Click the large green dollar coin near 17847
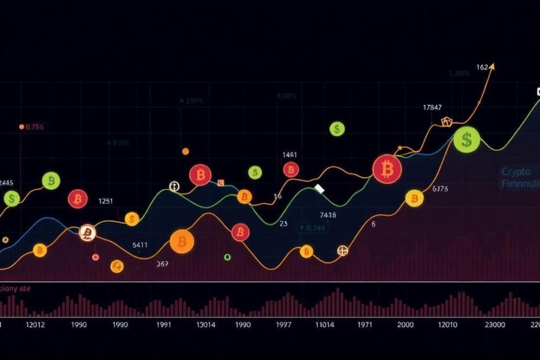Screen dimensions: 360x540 [466, 139]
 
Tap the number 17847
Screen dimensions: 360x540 [432, 107]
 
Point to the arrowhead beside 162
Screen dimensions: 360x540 [492, 67]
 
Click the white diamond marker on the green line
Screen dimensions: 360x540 [319, 189]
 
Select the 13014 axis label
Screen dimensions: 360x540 [206, 325]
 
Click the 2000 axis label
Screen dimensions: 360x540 [407, 325]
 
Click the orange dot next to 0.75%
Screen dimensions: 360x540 [21, 127]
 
